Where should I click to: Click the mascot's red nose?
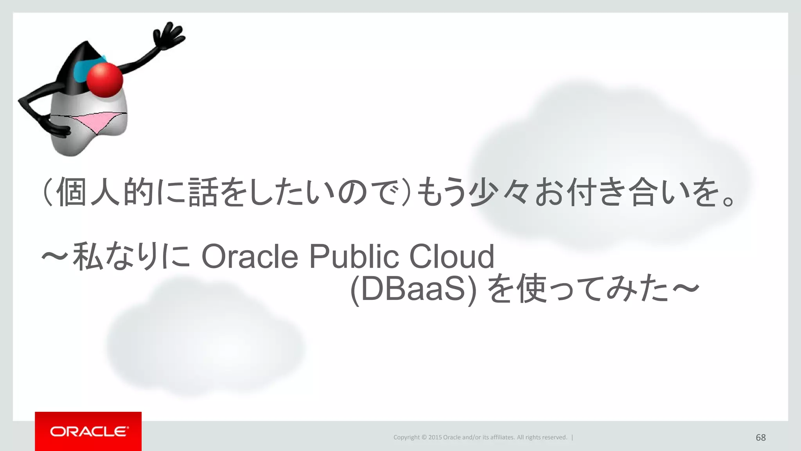point(104,80)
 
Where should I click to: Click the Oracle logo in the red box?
point(88,431)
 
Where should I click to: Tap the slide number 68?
point(760,437)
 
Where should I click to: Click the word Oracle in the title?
point(250,257)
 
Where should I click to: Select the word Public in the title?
point(354,257)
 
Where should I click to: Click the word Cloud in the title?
point(452,257)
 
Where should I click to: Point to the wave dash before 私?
point(55,257)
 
